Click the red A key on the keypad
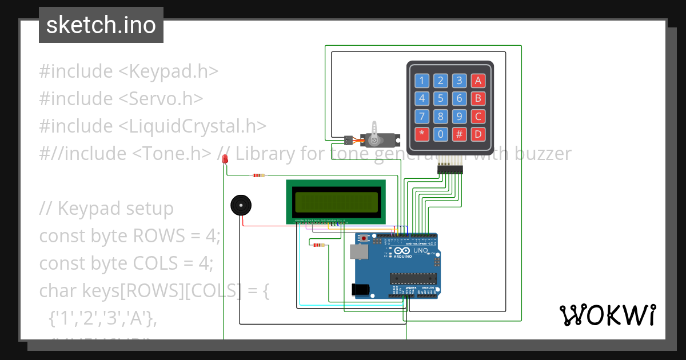click(x=477, y=81)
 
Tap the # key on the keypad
click(x=459, y=135)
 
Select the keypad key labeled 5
click(x=440, y=98)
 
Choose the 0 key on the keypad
click(x=440, y=135)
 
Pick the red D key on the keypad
click(x=477, y=135)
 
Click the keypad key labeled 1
click(x=422, y=81)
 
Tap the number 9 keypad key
click(x=459, y=117)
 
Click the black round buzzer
click(x=241, y=205)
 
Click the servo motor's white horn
click(x=374, y=133)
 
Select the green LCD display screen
click(x=336, y=202)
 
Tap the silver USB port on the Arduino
click(x=359, y=252)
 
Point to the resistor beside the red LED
click(x=258, y=175)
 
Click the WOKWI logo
click(x=607, y=315)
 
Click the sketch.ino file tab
click(x=101, y=25)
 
